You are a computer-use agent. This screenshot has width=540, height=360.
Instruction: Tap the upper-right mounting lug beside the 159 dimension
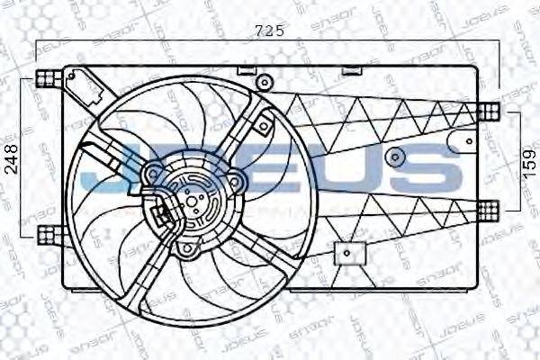(x=488, y=112)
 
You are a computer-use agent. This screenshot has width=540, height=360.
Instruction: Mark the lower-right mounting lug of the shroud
(x=488, y=209)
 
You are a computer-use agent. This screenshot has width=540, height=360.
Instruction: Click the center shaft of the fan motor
(x=192, y=196)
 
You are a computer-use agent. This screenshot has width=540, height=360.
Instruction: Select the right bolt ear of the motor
(x=235, y=184)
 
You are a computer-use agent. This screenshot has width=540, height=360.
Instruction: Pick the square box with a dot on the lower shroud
(x=345, y=255)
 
